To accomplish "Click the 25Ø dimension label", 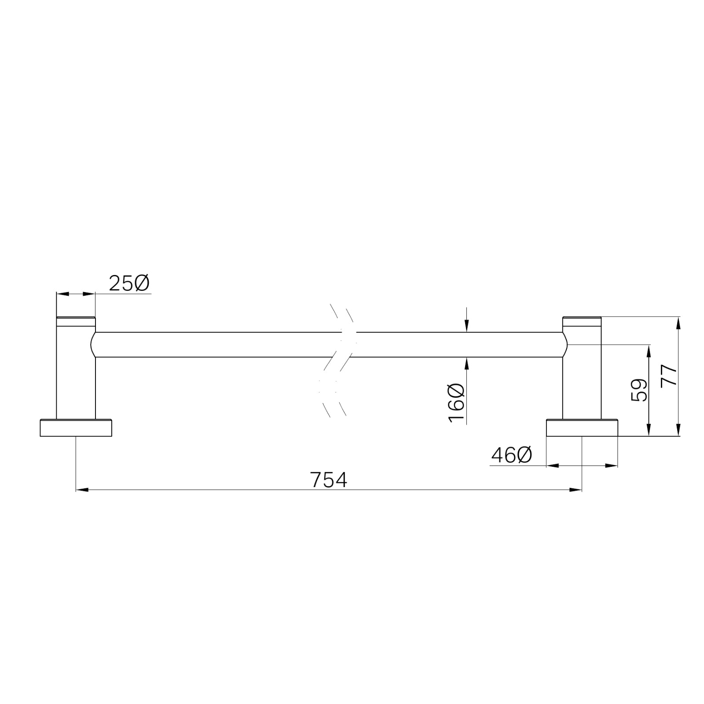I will pyautogui.click(x=129, y=284).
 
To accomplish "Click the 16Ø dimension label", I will pyautogui.click(x=457, y=403).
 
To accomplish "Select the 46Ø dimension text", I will pyautogui.click(x=511, y=455).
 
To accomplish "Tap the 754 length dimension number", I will pyautogui.click(x=329, y=480).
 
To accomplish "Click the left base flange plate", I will pyautogui.click(x=76, y=428).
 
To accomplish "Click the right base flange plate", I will pyautogui.click(x=582, y=428).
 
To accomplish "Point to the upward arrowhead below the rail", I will pyautogui.click(x=467, y=363).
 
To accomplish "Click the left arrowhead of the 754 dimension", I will pyautogui.click(x=82, y=489).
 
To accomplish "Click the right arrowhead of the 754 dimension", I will pyautogui.click(x=576, y=489).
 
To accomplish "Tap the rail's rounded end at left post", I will pyautogui.click(x=93, y=345).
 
